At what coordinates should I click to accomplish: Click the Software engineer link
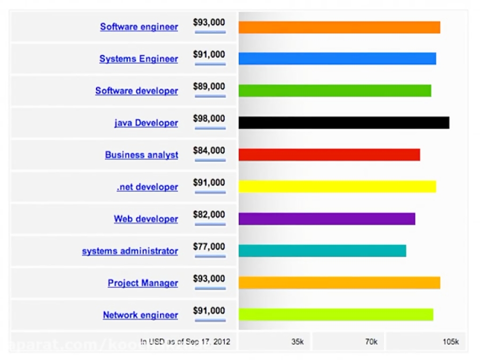(x=139, y=27)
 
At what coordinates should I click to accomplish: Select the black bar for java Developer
(x=343, y=123)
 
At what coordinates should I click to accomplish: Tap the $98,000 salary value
(x=209, y=118)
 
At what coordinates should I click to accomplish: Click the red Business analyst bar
(x=329, y=155)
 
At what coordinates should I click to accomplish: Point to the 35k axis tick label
(x=297, y=342)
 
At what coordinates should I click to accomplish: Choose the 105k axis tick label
(x=450, y=342)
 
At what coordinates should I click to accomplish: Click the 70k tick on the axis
(x=371, y=342)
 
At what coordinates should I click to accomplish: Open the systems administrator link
(x=130, y=251)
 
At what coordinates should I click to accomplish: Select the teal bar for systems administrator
(x=322, y=251)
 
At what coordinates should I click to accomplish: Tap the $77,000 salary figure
(x=209, y=247)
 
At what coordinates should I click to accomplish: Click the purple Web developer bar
(x=326, y=219)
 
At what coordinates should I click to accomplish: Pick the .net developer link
(x=147, y=187)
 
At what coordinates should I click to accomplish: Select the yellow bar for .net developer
(x=337, y=187)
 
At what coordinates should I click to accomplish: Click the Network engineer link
(x=140, y=315)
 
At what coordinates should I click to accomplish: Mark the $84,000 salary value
(x=209, y=150)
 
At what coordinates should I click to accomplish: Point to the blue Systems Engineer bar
(x=337, y=59)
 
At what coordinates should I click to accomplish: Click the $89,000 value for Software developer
(x=209, y=86)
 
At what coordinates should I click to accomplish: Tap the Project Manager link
(x=143, y=283)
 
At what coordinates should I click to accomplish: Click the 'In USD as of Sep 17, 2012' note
(x=185, y=341)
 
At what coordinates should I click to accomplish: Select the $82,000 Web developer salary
(x=209, y=214)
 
